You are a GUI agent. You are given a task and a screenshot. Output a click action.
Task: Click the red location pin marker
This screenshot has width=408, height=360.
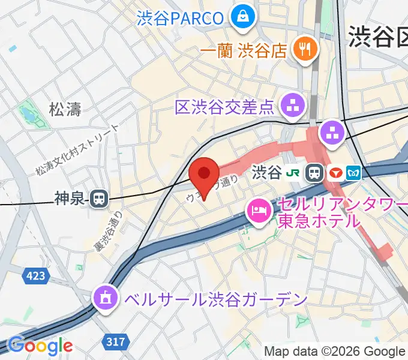[x=204, y=175]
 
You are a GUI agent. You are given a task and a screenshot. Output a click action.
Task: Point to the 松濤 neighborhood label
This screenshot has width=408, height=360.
[x=65, y=109]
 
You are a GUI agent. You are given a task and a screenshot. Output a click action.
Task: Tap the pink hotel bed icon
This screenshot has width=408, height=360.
[x=259, y=211]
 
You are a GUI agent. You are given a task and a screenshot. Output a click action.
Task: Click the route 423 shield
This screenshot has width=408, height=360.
[x=35, y=275]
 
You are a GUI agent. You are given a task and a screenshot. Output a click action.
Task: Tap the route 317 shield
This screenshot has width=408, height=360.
[x=116, y=342]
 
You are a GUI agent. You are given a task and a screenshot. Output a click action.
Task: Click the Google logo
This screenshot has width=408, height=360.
[x=40, y=346]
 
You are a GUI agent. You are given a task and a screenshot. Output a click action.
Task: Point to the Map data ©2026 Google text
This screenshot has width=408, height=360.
[x=335, y=351]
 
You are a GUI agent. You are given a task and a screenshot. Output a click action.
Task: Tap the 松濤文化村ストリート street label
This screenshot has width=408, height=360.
[x=77, y=150]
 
